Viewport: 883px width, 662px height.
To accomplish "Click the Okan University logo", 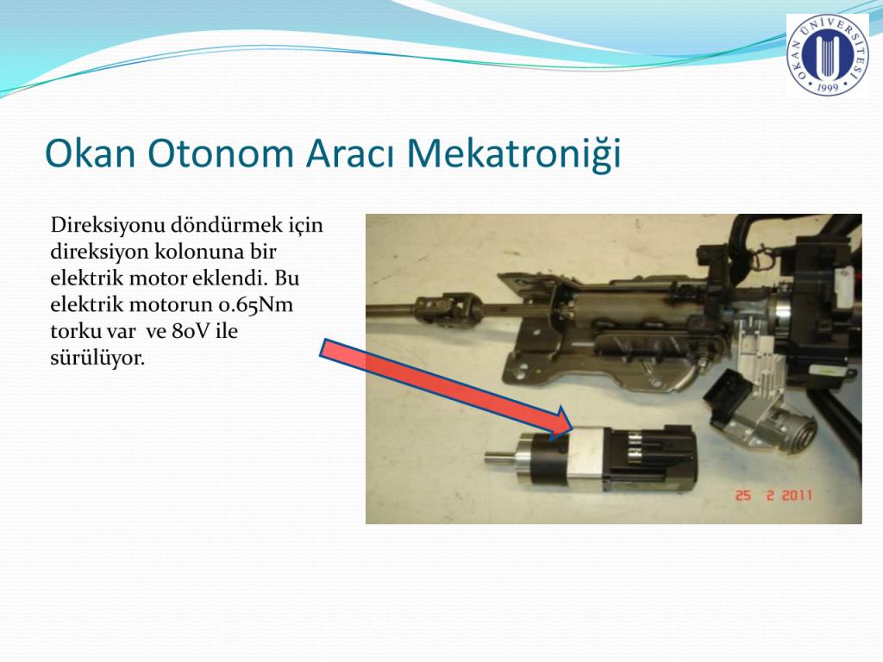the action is click(827, 54).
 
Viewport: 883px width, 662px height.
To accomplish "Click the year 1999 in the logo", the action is click(827, 87).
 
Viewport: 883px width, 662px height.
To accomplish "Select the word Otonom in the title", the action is click(221, 153).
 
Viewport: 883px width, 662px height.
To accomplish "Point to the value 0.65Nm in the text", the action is click(255, 304).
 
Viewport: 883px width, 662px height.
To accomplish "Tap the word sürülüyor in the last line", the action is click(97, 358).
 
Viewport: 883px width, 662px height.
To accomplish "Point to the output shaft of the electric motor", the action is click(498, 458).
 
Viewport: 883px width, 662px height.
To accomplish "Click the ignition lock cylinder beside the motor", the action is click(795, 430).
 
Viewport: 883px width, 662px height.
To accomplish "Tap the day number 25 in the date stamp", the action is click(743, 496).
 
